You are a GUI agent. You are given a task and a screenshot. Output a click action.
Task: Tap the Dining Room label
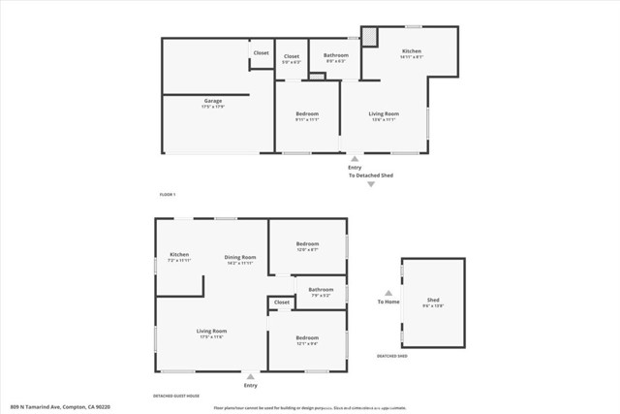pyautogui.click(x=238, y=256)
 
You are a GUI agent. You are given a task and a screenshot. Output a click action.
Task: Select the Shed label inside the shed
pyautogui.click(x=433, y=301)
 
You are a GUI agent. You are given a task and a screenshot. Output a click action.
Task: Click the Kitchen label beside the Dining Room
pyautogui.click(x=179, y=255)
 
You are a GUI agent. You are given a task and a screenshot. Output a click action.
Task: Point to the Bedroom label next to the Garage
pyautogui.click(x=307, y=114)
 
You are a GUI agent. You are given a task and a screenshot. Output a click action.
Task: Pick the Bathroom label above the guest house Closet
pyautogui.click(x=321, y=289)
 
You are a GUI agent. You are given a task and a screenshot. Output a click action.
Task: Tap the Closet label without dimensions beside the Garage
pyautogui.click(x=261, y=53)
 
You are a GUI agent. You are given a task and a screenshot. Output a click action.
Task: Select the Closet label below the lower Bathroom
pyautogui.click(x=282, y=303)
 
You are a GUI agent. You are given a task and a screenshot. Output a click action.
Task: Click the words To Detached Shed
pyautogui.click(x=369, y=175)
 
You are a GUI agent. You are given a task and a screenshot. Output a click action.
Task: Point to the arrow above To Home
pyautogui.click(x=388, y=291)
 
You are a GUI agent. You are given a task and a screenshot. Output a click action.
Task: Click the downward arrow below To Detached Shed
pyautogui.click(x=369, y=184)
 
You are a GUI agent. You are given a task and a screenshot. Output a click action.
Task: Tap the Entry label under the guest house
pyautogui.click(x=251, y=386)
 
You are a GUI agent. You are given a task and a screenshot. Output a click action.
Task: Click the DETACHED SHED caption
pyautogui.click(x=391, y=356)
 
